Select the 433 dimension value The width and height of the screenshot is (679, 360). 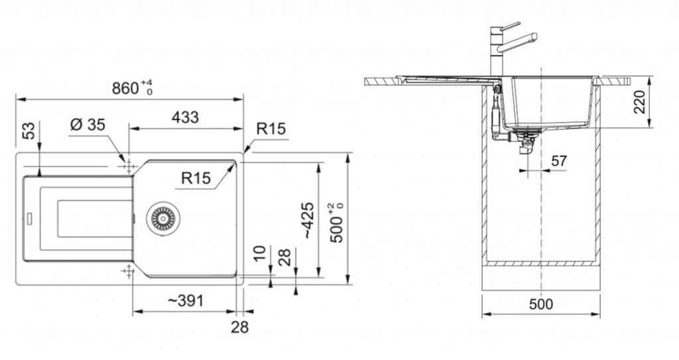point(185,117)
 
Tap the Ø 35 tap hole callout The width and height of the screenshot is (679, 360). point(88,125)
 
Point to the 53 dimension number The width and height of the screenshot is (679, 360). point(28,131)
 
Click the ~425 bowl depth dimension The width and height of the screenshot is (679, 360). point(308,220)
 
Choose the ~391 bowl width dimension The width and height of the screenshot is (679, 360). point(185,300)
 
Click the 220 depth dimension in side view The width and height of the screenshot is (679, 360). point(640,102)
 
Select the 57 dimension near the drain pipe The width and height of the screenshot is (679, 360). point(558,160)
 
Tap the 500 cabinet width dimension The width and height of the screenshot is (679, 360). point(541,304)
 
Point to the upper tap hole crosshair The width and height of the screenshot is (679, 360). point(129,166)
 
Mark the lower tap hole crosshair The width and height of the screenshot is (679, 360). point(129,271)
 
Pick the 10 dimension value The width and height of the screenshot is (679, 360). point(259,253)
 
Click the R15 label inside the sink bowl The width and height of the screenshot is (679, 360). point(196,178)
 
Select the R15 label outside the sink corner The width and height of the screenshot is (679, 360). point(271,129)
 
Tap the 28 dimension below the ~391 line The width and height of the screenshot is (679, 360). point(239,327)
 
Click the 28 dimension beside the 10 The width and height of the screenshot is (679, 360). point(284,257)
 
